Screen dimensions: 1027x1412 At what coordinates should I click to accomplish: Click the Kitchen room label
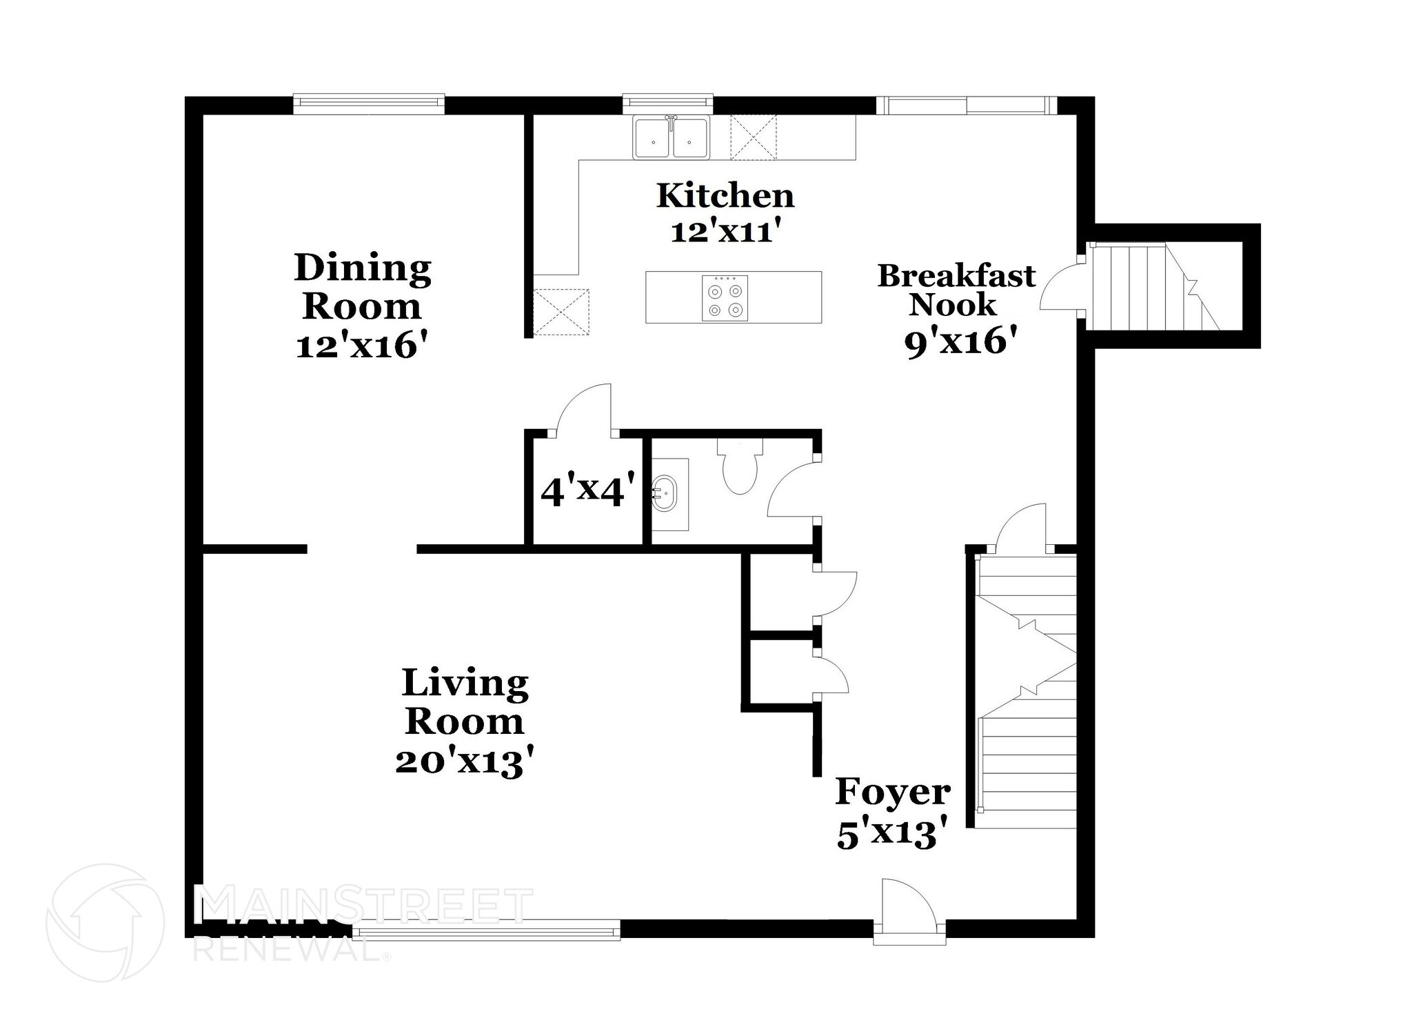(725, 196)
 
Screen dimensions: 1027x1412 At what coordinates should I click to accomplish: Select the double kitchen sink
(672, 138)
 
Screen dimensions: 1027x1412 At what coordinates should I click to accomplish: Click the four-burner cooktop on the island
(725, 297)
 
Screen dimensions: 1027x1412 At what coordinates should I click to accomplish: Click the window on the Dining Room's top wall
(369, 103)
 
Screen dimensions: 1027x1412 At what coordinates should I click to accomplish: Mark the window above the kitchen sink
(667, 103)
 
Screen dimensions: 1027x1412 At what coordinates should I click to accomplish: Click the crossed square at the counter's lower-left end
(561, 312)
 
